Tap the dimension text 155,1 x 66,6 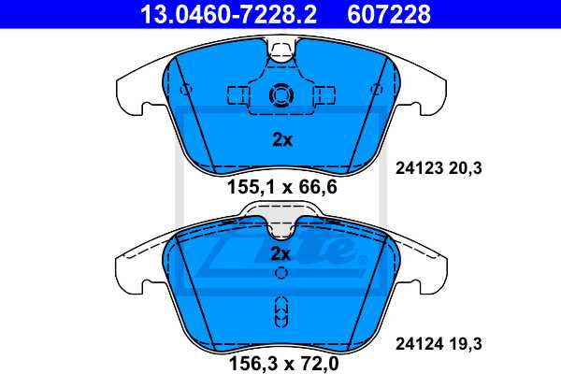point(281,187)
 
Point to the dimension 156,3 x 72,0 point(281,359)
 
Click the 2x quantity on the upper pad point(281,140)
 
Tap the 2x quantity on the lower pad point(281,253)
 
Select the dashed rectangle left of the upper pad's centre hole point(237,94)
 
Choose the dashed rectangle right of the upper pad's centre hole point(324,94)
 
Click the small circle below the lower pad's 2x point(281,273)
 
